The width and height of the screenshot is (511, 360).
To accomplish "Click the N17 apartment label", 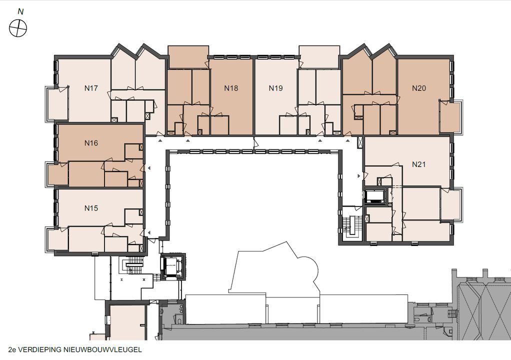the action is tap(91, 88).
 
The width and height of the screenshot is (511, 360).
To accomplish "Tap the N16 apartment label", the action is tap(91, 143).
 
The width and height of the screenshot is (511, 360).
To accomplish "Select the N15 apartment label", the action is tap(91, 208).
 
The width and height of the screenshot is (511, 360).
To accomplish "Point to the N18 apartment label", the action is tap(231, 88).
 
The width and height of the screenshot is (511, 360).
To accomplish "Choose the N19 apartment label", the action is tap(275, 88).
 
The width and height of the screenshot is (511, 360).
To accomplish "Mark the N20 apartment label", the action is tap(419, 88).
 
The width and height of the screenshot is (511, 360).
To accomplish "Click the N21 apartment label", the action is tap(419, 164).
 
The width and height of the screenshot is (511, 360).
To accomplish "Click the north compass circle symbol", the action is tap(18, 28).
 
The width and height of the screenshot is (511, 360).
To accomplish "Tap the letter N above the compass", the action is tap(20, 11).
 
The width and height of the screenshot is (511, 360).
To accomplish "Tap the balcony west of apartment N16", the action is tap(58, 174).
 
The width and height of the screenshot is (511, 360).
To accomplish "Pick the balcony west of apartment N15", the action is tap(58, 239).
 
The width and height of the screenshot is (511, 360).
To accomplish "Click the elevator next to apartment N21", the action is tap(375, 196).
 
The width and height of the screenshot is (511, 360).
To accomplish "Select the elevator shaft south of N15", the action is tap(172, 266).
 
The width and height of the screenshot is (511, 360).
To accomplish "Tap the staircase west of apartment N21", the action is tap(351, 225).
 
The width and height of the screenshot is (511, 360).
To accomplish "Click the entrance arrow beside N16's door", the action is tap(149, 168).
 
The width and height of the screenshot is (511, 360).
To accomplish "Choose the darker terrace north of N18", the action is tap(188, 57).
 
